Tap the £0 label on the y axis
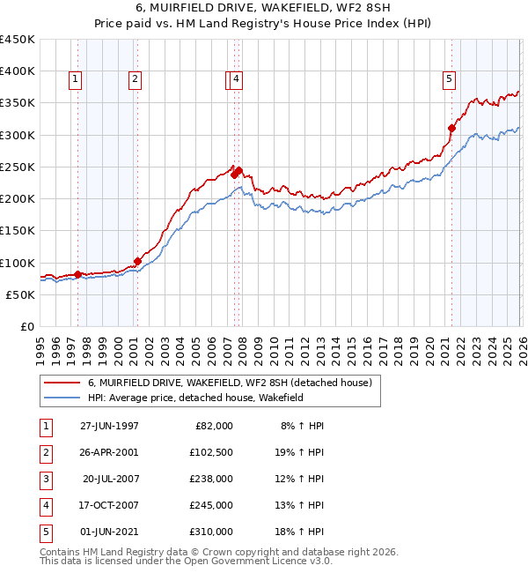[26, 327]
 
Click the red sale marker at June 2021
[452, 128]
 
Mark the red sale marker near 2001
[137, 261]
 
